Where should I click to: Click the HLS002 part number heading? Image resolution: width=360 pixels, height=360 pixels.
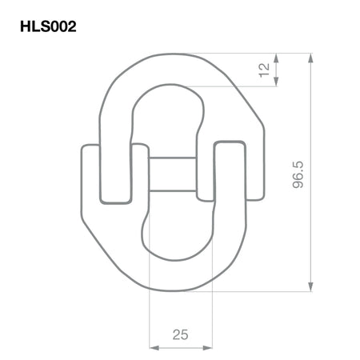(x=48, y=26)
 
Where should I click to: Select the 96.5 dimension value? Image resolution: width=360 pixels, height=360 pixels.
(x=298, y=174)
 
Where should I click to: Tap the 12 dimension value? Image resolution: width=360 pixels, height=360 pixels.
(x=265, y=70)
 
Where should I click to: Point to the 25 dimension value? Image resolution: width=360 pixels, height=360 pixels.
(x=180, y=334)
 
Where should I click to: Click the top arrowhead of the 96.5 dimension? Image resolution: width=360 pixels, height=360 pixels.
(x=310, y=58)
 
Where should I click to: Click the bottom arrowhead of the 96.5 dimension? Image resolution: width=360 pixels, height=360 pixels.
(x=310, y=286)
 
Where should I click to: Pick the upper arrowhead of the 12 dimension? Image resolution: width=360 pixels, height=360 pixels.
(x=276, y=58)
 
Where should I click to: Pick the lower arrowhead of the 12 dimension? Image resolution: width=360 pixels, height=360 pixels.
(x=276, y=81)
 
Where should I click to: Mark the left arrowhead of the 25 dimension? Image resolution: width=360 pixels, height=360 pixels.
(x=154, y=347)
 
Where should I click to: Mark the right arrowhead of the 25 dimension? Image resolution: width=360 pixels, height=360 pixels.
(x=207, y=347)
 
